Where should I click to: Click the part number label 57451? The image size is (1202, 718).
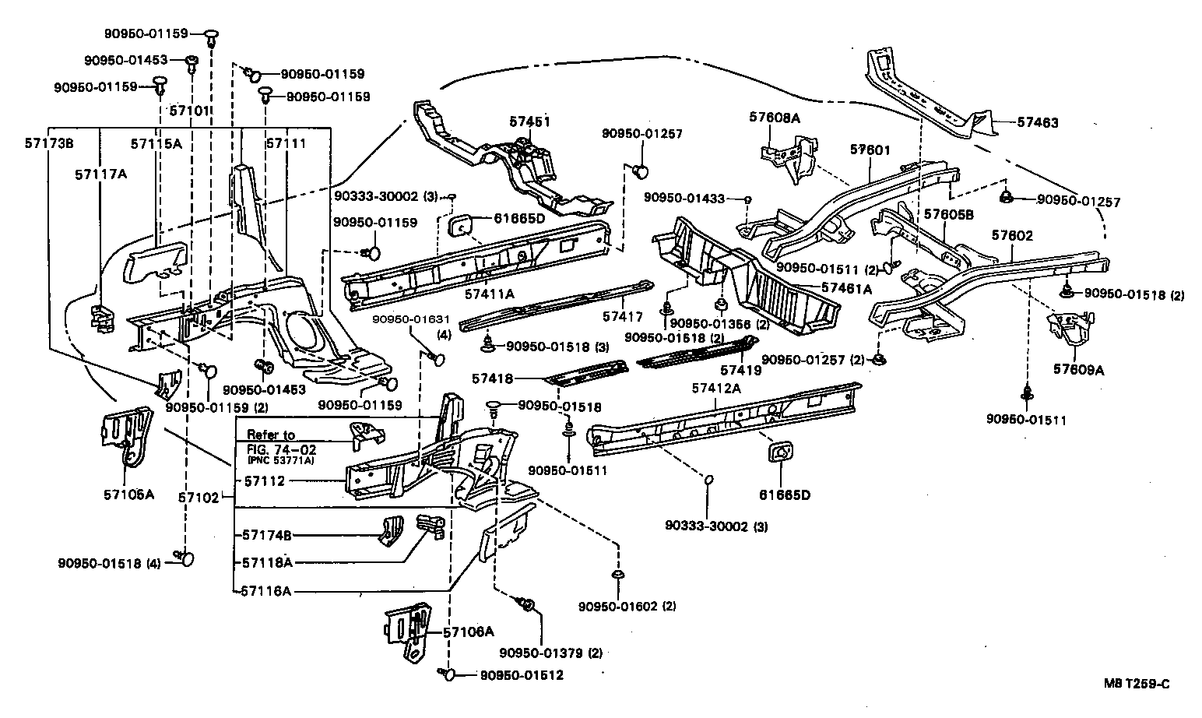click(x=530, y=121)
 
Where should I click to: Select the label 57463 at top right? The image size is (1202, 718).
click(x=1038, y=122)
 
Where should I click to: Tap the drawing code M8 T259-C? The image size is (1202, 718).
click(x=1136, y=685)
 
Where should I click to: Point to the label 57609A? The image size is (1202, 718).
click(x=1079, y=371)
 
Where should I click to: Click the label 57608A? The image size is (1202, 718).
click(x=775, y=118)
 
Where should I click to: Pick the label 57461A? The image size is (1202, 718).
click(x=847, y=289)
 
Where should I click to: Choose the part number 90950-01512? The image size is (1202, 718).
click(x=521, y=675)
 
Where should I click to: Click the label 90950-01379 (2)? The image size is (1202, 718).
click(x=550, y=653)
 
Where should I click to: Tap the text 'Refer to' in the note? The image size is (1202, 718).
click(x=271, y=435)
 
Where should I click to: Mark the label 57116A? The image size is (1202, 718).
click(x=265, y=591)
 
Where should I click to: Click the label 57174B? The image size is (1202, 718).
click(x=266, y=535)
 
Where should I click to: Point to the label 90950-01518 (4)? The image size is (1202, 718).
click(x=108, y=563)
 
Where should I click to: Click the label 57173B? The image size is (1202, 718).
click(x=48, y=143)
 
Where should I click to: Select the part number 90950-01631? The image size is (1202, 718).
click(x=410, y=320)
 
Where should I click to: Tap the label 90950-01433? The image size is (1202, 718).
click(x=686, y=199)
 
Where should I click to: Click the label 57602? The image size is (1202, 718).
click(x=1012, y=235)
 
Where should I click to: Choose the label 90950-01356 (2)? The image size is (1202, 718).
click(x=708, y=323)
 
